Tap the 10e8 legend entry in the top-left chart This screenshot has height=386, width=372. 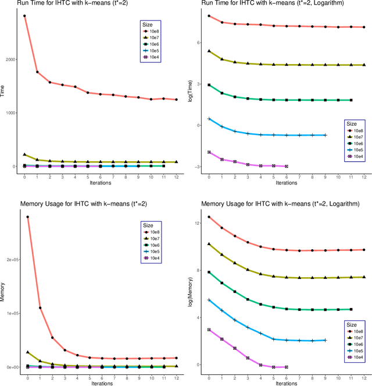(x=152, y=31)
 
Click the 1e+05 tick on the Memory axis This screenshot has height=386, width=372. (x=12, y=313)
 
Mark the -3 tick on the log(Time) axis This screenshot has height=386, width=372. (x=199, y=167)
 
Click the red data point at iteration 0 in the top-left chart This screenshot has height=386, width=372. (x=24, y=16)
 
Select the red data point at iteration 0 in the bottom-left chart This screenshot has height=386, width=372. (x=27, y=217)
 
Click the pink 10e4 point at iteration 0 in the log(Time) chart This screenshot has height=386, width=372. (x=209, y=152)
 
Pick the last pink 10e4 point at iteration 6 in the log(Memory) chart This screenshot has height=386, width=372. (x=287, y=367)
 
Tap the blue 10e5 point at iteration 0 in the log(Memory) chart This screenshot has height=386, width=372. (x=209, y=300)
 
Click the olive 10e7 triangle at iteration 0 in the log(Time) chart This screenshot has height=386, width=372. (x=209, y=51)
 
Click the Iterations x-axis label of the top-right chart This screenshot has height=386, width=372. (x=287, y=183)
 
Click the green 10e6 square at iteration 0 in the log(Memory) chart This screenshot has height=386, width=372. (x=209, y=272)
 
